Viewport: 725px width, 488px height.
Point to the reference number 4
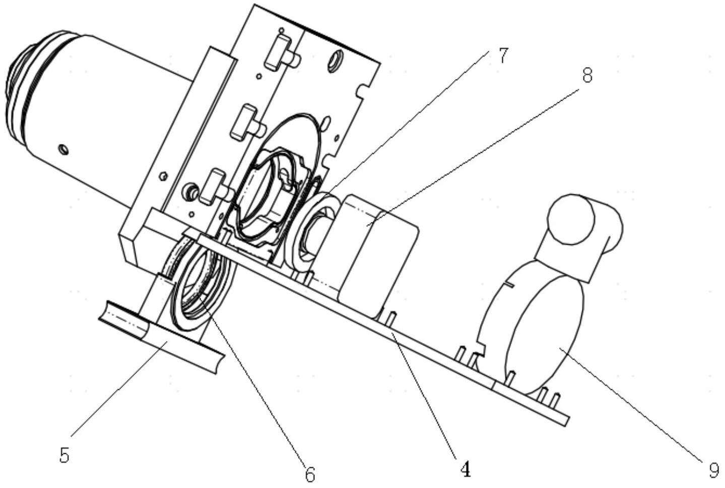coord(466,470)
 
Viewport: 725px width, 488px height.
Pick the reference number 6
coord(309,474)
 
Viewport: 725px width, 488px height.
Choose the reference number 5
coord(64,455)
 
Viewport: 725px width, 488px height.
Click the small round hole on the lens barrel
coord(63,149)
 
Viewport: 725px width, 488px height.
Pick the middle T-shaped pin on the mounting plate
coord(244,121)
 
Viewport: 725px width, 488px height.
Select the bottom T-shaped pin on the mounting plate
coord(214,186)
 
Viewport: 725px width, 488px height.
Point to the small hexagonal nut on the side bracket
coord(162,176)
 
